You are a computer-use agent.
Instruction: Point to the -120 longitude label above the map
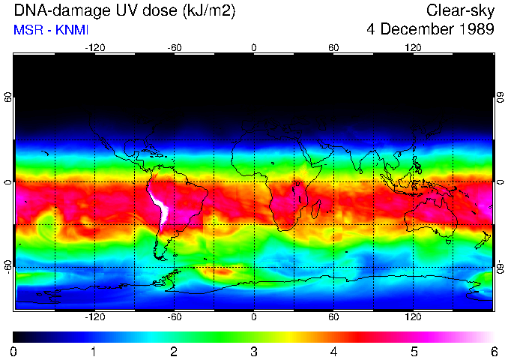[94, 47]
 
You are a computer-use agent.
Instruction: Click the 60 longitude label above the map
[333, 47]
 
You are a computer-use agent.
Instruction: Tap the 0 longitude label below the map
[254, 317]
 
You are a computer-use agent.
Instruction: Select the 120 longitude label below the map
[413, 317]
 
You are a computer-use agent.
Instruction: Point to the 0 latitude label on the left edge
[8, 182]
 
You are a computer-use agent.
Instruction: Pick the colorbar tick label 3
[254, 351]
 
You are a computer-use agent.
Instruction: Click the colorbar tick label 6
[493, 351]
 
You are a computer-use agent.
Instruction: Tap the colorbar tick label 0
[14, 351]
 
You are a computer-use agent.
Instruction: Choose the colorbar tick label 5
[414, 351]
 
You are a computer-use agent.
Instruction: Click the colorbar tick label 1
[94, 351]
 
